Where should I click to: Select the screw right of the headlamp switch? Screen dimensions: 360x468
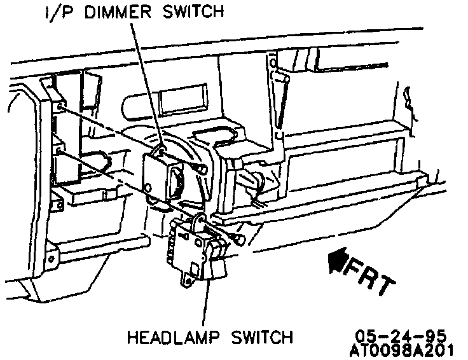(x=237, y=240)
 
